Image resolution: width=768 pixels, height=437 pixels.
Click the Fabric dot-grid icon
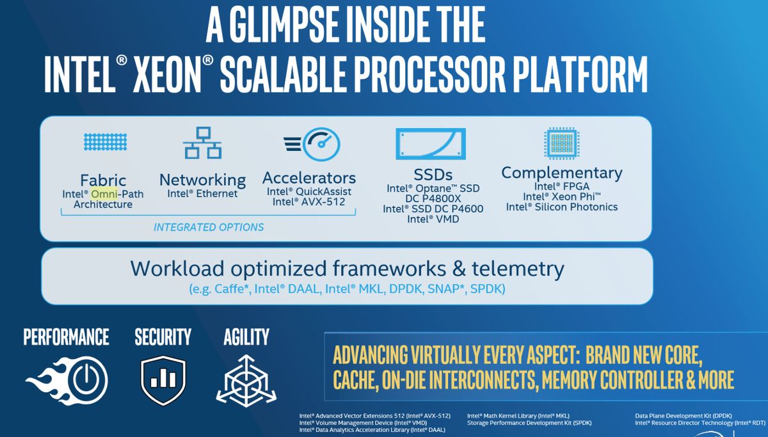(x=105, y=141)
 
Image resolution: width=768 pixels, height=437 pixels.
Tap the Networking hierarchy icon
(x=202, y=143)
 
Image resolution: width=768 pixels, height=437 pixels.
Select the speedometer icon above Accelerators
(x=312, y=145)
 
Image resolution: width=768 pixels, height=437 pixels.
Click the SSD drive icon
(x=431, y=144)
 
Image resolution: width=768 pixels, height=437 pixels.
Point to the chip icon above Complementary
(x=562, y=143)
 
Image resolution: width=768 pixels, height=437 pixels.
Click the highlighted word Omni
(x=104, y=194)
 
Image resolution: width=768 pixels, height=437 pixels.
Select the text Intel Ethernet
(x=202, y=194)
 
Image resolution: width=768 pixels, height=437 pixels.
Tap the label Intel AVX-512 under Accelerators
(x=309, y=202)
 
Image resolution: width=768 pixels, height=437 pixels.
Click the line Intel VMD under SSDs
(x=433, y=219)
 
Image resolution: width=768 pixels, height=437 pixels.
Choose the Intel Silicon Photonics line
(x=562, y=207)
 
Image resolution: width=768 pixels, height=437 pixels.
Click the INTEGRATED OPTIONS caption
(x=209, y=227)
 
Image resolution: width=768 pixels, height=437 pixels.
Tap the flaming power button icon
(x=67, y=380)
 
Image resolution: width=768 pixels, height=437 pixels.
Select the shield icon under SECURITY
(x=163, y=380)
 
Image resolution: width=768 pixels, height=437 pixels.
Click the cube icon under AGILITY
(x=246, y=381)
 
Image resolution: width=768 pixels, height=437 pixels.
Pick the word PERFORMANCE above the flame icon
(x=66, y=337)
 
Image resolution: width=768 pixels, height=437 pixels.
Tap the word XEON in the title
(x=167, y=75)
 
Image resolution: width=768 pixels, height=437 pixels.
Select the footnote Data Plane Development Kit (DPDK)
(x=684, y=416)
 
